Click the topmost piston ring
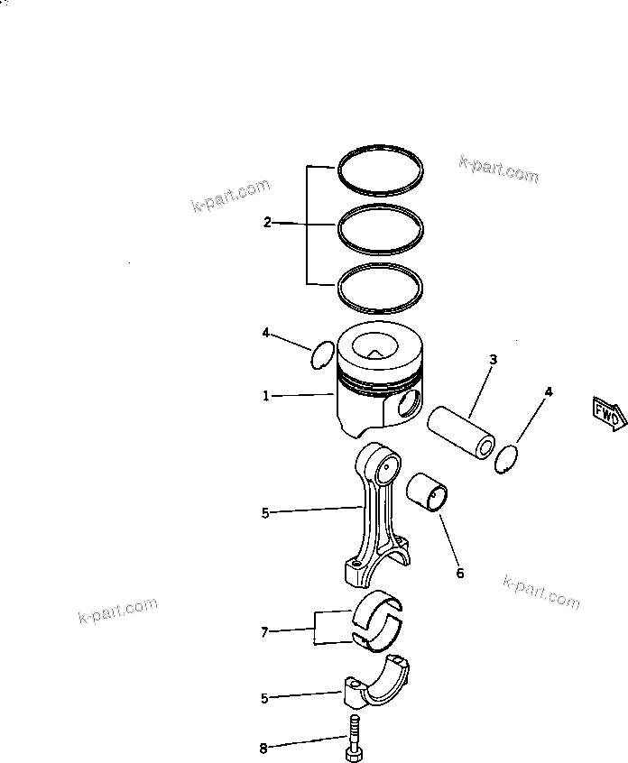click(380, 149)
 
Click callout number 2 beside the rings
click(267, 222)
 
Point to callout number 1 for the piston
click(266, 396)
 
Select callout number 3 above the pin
click(493, 359)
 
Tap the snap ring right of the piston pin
click(508, 458)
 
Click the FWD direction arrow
click(606, 412)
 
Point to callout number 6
click(459, 572)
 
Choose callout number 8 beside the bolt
click(263, 748)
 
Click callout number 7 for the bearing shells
click(264, 632)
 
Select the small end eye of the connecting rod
click(389, 467)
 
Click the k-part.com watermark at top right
click(498, 168)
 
